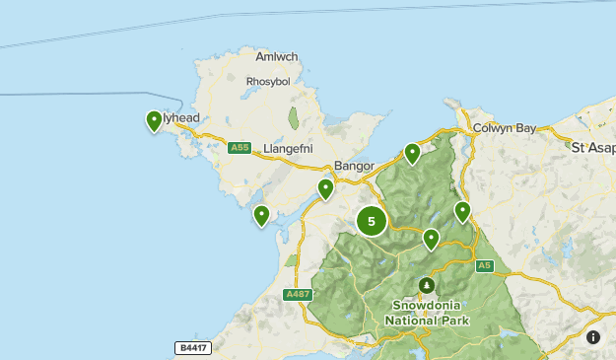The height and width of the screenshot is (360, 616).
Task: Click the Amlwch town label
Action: (x=276, y=57)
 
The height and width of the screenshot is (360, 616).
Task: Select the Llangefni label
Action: (x=288, y=149)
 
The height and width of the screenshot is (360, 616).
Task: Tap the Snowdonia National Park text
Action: (x=427, y=313)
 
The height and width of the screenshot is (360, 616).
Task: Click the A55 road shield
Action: (x=239, y=148)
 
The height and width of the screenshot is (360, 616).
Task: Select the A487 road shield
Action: (x=297, y=295)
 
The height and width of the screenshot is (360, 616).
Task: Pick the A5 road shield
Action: (x=483, y=265)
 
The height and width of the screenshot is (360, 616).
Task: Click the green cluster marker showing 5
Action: (x=372, y=221)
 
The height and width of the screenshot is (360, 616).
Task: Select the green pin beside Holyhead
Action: (x=154, y=120)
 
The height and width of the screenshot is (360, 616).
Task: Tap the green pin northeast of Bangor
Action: (x=412, y=153)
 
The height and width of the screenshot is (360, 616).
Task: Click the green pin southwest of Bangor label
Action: (x=325, y=188)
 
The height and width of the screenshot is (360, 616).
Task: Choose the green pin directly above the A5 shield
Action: (x=462, y=211)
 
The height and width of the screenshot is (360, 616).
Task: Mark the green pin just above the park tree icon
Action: (x=431, y=239)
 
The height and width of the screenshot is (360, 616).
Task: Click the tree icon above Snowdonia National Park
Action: (x=427, y=285)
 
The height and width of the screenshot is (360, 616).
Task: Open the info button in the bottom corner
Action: (x=593, y=337)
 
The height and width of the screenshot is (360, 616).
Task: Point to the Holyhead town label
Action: (x=181, y=118)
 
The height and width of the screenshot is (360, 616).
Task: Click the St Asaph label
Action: (x=593, y=147)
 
